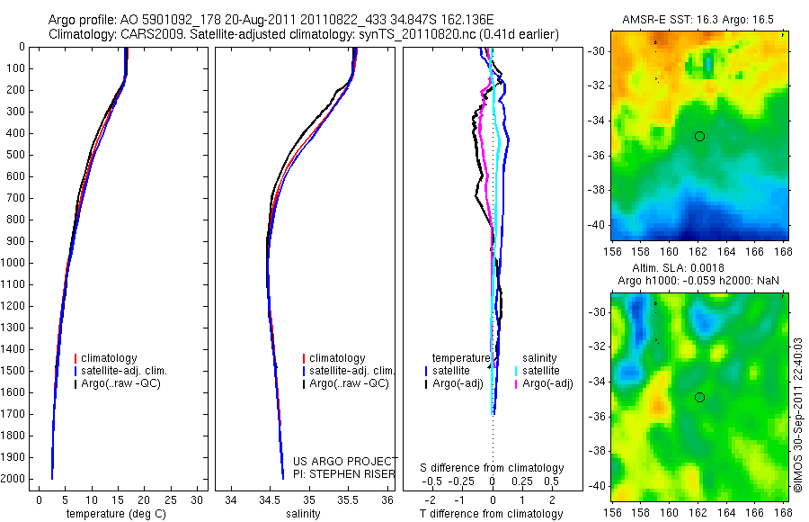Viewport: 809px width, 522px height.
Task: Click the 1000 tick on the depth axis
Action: (14, 263)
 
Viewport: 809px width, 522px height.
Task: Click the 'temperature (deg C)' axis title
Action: (116, 514)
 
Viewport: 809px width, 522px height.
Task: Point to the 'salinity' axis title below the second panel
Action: (303, 514)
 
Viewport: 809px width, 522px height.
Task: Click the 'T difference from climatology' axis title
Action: (491, 514)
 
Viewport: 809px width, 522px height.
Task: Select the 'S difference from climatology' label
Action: (492, 468)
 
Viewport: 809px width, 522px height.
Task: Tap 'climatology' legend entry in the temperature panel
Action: (109, 358)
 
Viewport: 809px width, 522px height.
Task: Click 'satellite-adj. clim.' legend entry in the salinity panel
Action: (351, 371)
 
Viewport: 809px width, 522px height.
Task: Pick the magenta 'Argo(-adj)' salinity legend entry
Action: (547, 383)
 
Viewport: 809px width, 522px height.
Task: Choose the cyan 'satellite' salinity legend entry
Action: (541, 371)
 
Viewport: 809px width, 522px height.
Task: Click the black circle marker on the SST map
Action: (699, 137)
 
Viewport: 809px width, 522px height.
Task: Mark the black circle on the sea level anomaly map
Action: (699, 398)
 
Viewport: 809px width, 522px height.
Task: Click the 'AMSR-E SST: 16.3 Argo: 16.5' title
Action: (698, 20)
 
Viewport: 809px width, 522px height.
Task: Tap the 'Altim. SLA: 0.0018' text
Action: (678, 268)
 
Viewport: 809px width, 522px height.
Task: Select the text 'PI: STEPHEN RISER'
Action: (344, 474)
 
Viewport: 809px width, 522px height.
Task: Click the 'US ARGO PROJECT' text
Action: (345, 461)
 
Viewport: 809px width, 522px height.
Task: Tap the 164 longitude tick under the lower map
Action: (726, 513)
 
